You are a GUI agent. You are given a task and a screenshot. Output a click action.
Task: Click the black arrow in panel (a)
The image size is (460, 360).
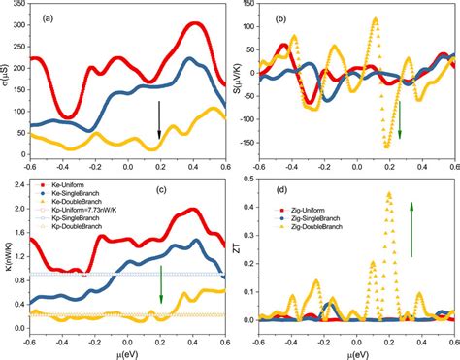pos(159,119)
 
